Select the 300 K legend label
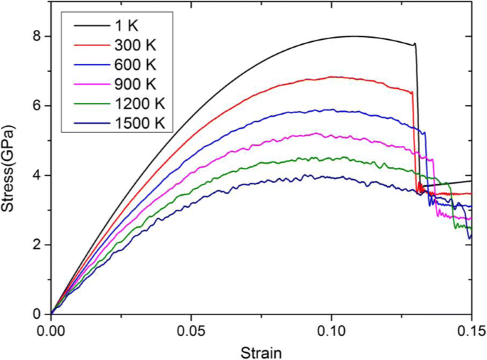(138, 46)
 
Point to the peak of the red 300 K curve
(332, 76)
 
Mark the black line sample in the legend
(89, 26)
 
